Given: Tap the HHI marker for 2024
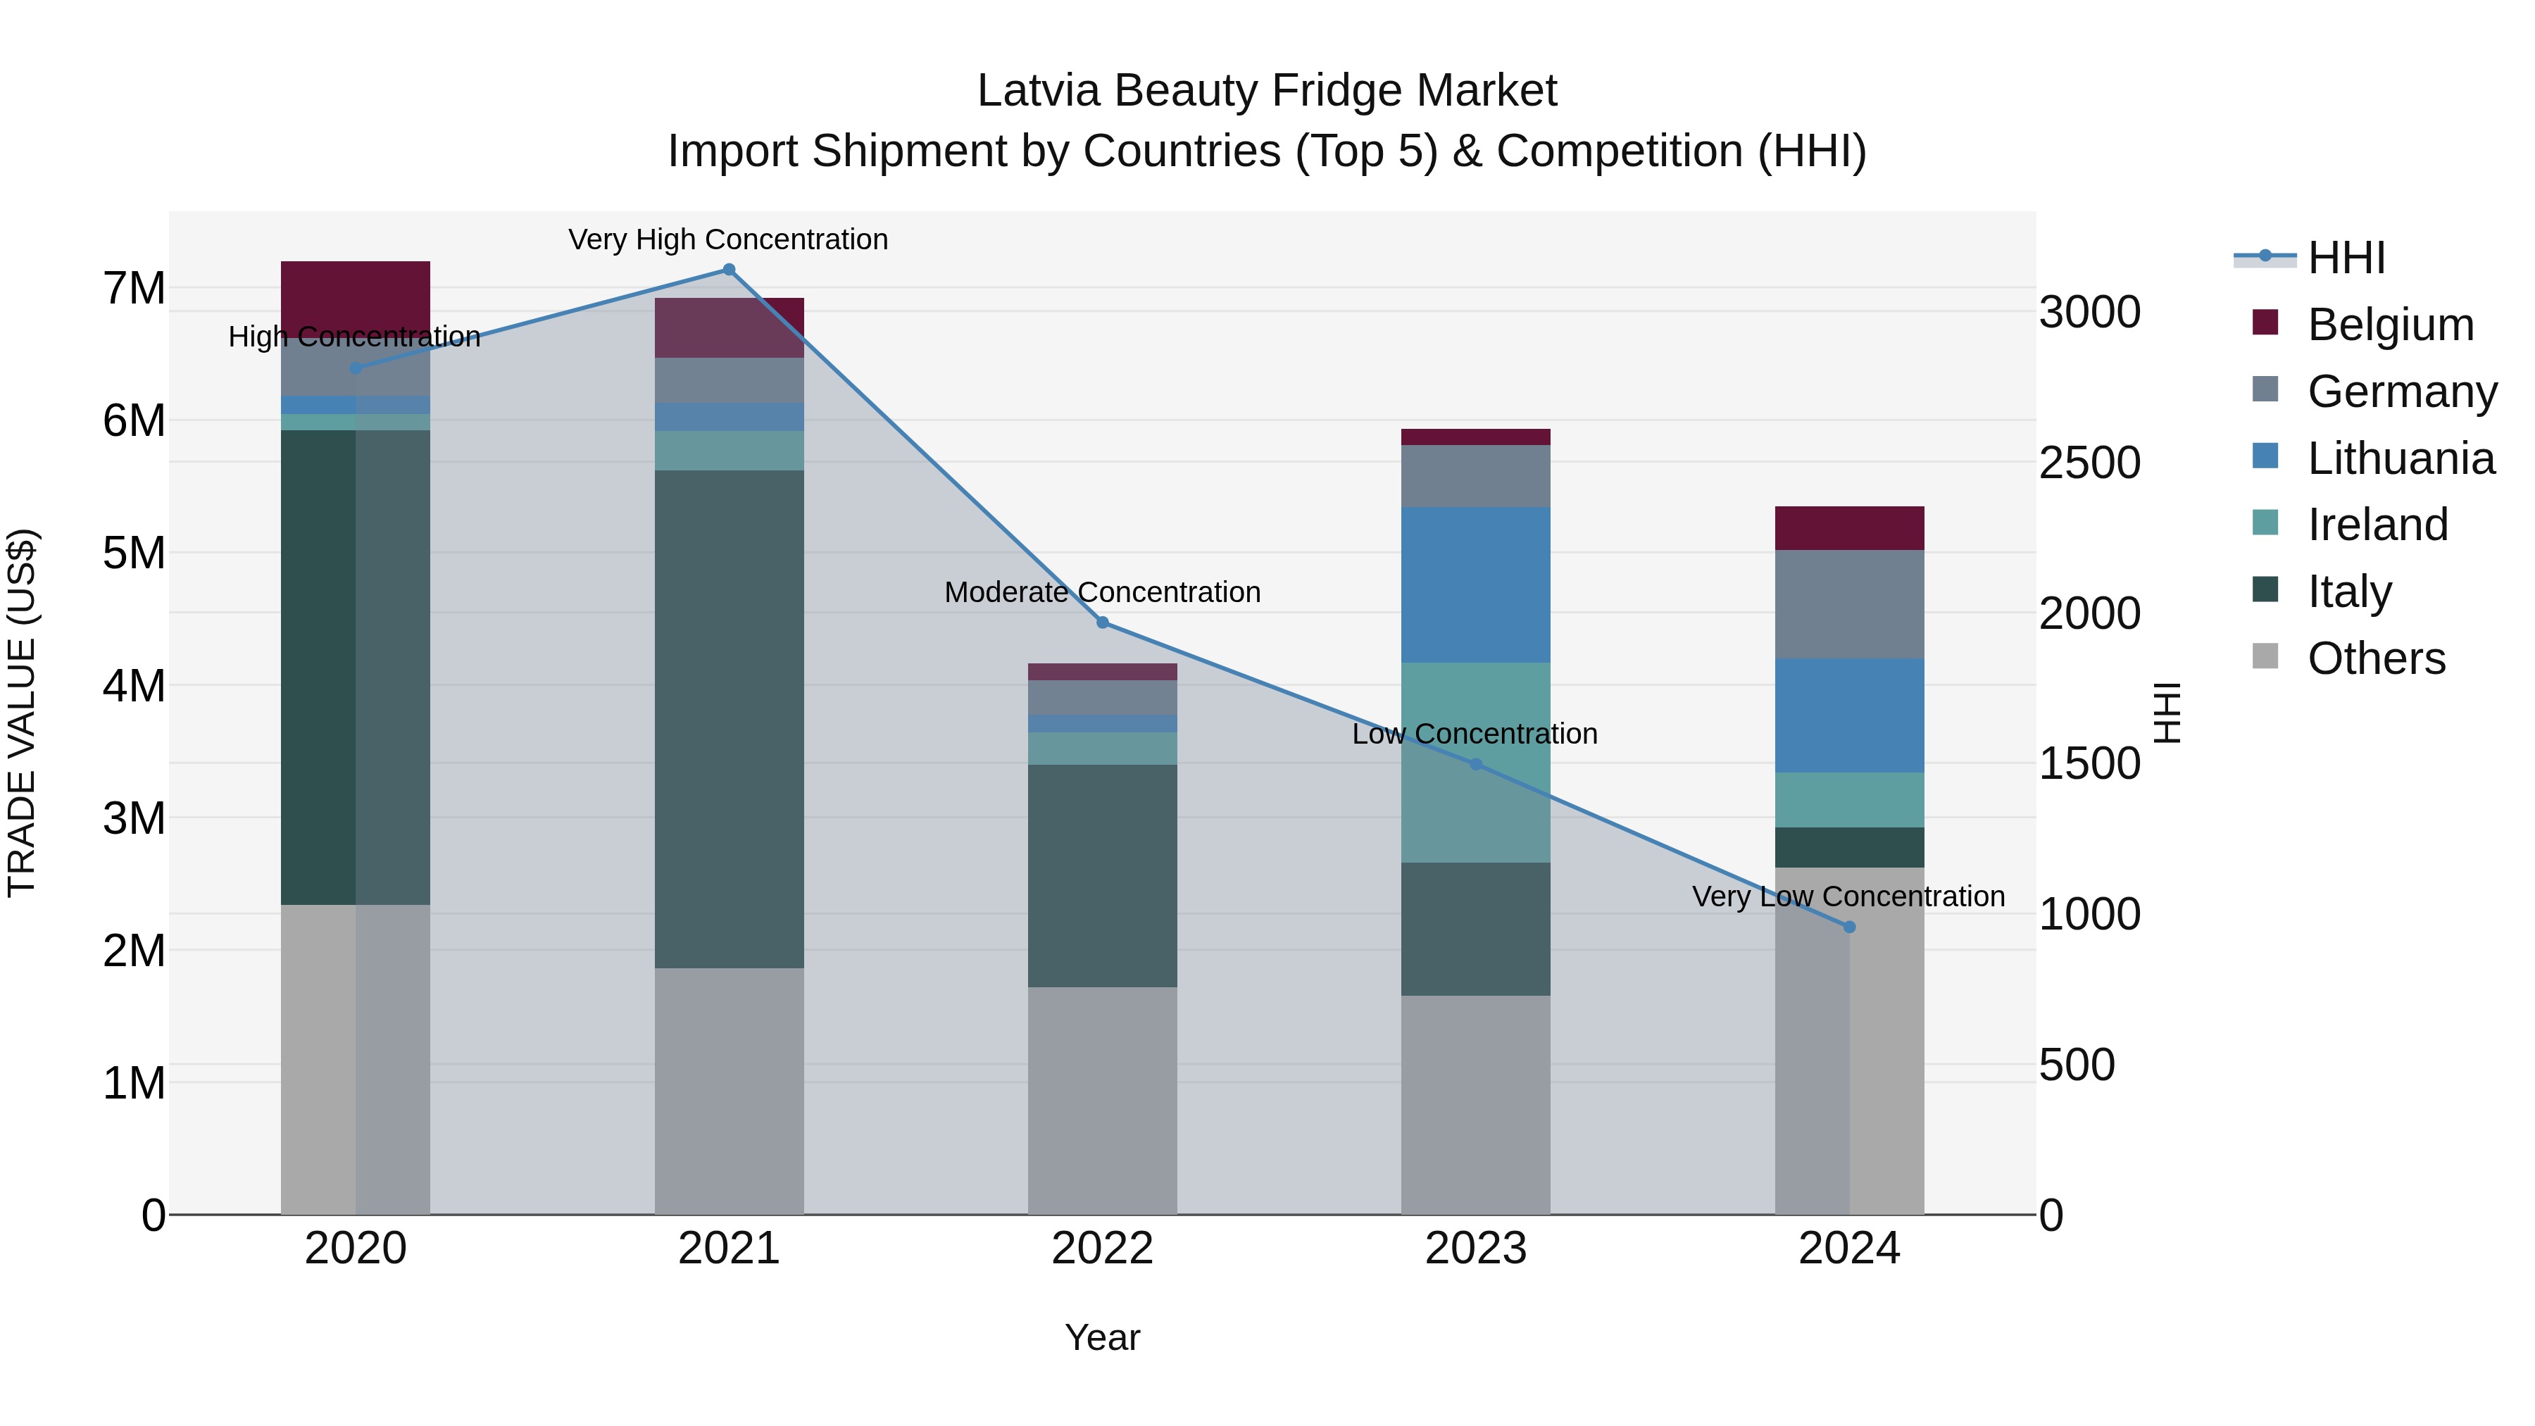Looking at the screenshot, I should coord(1849,927).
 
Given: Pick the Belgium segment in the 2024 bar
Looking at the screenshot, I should coord(1849,528).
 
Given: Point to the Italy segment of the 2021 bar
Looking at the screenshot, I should coord(730,718).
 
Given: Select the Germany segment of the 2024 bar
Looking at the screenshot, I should coord(1849,604).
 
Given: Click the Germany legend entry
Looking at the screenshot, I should coord(2401,392).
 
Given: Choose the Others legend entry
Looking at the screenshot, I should coord(2376,658).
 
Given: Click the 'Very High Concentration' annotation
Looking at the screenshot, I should coord(728,240).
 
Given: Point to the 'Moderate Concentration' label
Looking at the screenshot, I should coord(1102,592).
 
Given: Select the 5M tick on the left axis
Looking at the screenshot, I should coord(134,553).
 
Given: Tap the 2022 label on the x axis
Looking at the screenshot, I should coord(1102,1249).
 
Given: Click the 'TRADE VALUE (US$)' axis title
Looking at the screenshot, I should coord(22,713).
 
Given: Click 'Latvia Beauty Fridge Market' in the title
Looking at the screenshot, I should coord(1267,91).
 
